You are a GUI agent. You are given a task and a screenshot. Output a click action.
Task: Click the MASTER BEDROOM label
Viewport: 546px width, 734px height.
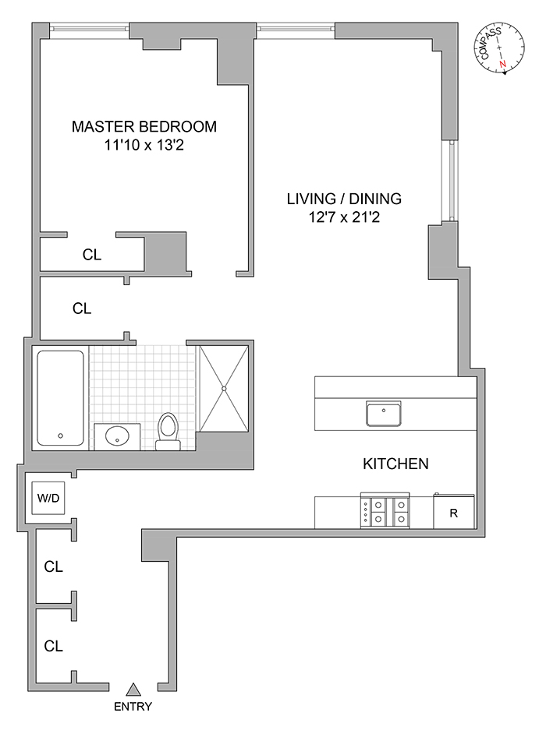coord(144,126)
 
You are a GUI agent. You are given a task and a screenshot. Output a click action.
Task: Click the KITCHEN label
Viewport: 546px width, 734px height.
coord(395,464)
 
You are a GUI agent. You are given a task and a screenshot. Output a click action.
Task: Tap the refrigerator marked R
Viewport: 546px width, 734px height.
coord(453,513)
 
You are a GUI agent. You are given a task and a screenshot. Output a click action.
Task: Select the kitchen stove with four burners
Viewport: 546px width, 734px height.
coord(385,511)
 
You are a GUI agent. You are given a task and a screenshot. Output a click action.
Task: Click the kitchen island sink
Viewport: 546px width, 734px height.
coord(384,413)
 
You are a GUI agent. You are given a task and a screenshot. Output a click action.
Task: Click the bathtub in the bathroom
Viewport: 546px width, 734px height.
coord(60,397)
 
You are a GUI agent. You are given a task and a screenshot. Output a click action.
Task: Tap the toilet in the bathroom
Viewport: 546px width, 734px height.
coord(168,430)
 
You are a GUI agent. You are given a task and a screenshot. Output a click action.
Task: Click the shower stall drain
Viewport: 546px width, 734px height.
coord(223,388)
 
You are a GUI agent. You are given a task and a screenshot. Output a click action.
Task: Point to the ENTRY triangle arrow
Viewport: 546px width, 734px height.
coord(133,688)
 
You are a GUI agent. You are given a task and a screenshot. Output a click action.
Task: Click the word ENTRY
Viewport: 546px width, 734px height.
coord(133,708)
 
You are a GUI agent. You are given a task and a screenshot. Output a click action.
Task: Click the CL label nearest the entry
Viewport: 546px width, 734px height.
coord(53,646)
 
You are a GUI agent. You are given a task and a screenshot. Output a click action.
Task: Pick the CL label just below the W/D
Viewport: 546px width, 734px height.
coord(53,566)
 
